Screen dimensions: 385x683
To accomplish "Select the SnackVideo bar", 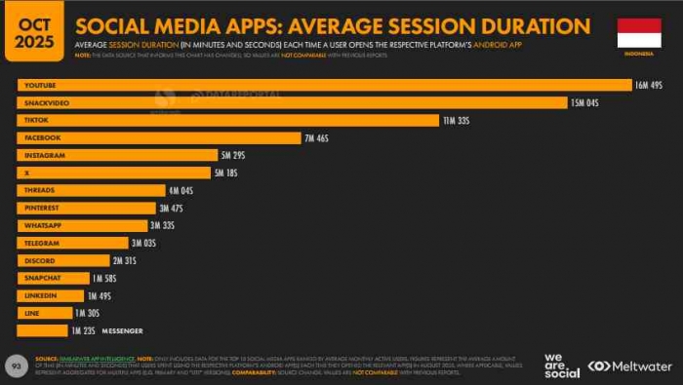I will coord(292,102).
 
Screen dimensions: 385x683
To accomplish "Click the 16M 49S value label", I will coord(649,86).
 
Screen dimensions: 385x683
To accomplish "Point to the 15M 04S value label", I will coord(583,102).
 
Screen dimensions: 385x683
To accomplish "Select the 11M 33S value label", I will coord(457,120).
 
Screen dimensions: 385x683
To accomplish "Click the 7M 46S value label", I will coord(318,137).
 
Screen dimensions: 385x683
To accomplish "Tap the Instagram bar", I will coord(117,155).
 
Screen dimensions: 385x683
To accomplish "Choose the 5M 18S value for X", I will coord(225,173).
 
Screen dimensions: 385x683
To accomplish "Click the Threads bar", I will coord(92,190).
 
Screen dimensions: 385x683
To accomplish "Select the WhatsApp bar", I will coord(82,225).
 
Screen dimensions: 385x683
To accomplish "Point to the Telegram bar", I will coord(73,243).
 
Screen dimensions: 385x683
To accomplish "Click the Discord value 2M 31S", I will coord(125,260).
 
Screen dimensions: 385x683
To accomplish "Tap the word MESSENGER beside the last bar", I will coord(122,330).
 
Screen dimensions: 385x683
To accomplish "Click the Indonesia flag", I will coord(639,31).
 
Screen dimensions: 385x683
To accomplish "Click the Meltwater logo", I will coord(629,366).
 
